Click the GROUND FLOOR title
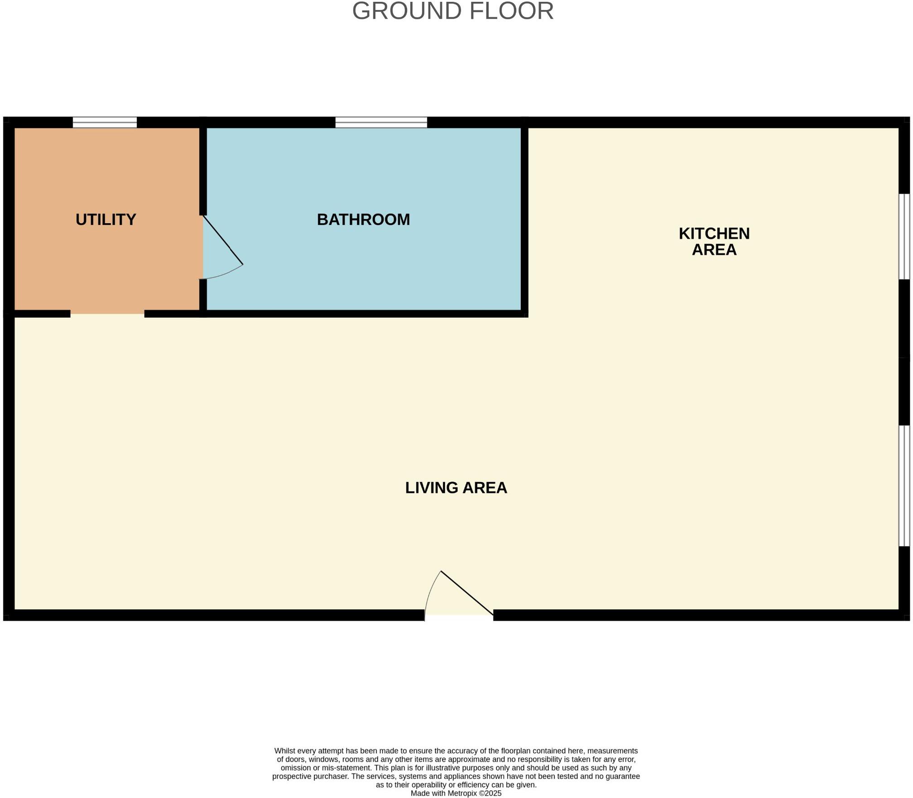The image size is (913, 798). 453,11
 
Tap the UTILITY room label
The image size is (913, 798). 106,220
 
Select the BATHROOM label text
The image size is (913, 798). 363,220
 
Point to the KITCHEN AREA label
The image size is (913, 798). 714,241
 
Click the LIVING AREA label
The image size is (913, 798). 456,487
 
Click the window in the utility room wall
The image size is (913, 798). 105,122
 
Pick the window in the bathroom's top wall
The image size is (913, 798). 381,122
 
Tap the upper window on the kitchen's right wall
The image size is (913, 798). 904,236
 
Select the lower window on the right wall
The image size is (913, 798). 904,486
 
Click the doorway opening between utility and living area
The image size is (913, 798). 107,314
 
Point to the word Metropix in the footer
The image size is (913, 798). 462,793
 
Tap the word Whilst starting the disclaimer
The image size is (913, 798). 284,750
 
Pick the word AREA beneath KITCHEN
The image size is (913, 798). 714,250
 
